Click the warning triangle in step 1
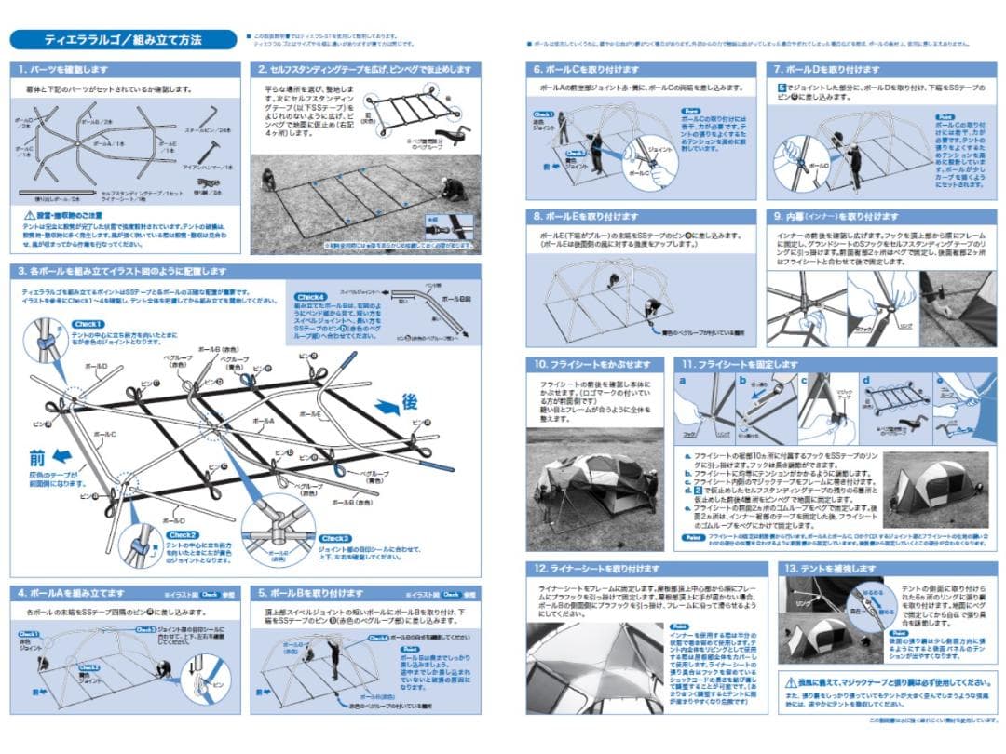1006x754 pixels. click(29, 215)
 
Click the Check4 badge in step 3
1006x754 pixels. click(309, 296)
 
